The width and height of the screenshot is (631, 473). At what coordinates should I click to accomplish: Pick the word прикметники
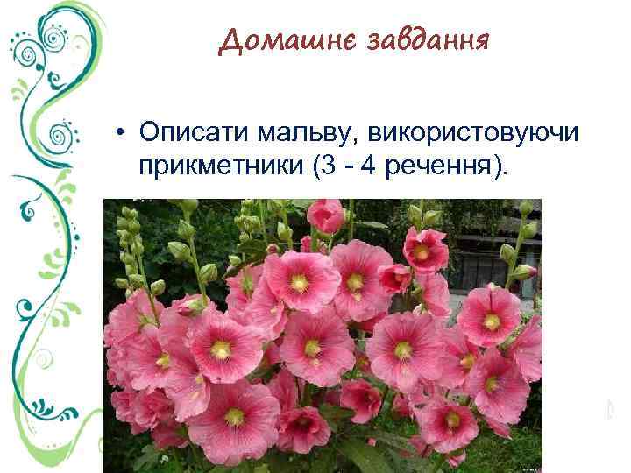219,166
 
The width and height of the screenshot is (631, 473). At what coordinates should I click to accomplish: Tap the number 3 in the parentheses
322,166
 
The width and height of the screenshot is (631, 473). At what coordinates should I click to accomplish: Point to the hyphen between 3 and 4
343,167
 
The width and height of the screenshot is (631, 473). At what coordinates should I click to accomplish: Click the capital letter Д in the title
230,40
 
